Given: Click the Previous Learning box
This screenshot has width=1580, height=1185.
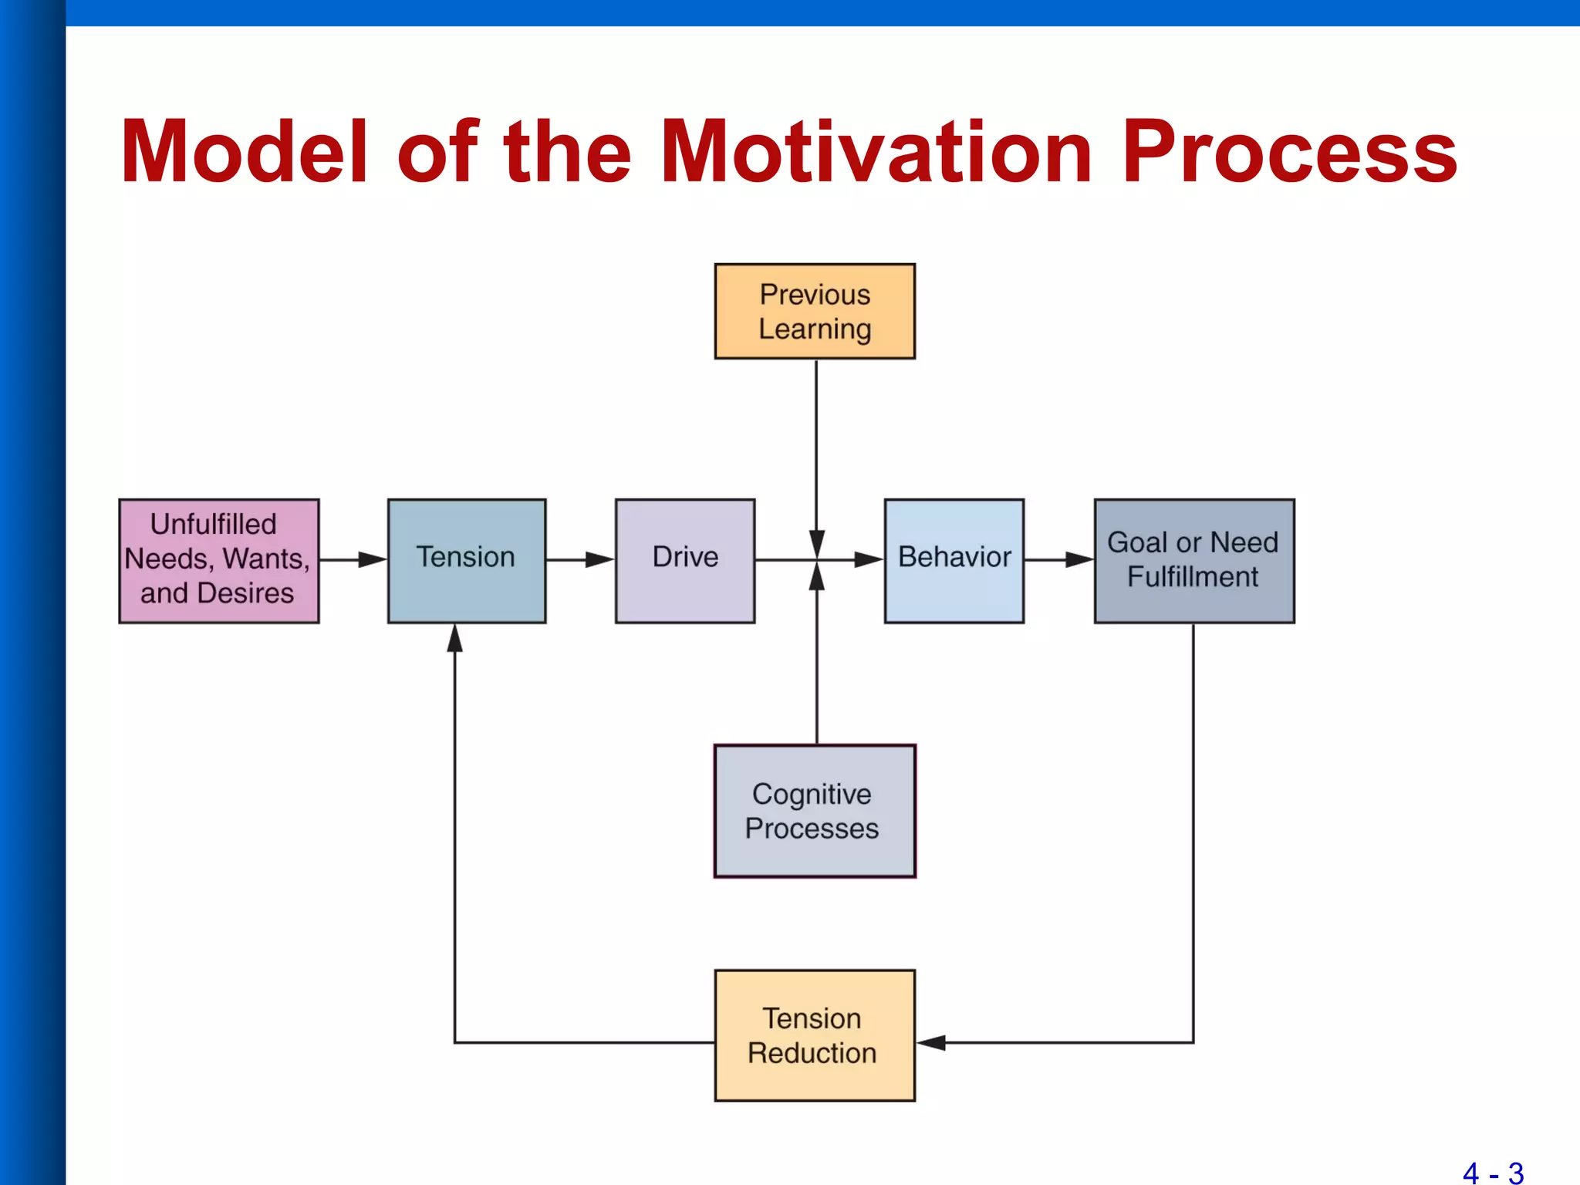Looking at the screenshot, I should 815,311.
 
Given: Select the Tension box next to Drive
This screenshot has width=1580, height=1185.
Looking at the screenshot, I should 467,560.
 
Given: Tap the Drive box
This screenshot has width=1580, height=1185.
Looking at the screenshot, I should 684,560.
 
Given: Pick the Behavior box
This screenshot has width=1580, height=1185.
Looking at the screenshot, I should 954,560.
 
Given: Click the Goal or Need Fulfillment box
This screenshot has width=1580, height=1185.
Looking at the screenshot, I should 1193,560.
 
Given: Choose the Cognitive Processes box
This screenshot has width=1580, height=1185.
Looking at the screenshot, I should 815,810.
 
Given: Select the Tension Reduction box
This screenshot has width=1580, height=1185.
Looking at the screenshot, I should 815,1035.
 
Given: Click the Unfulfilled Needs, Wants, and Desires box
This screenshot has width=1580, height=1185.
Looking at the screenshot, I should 218,560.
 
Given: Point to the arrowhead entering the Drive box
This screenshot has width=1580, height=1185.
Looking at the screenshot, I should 599,559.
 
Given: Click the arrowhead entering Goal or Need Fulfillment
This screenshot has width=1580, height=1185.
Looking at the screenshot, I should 1079,559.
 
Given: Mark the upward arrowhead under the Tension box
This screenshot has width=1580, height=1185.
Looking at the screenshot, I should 455,638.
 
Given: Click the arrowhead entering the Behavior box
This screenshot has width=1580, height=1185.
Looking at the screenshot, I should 869,559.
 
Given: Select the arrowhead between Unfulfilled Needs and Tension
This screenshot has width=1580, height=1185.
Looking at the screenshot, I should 373,559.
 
